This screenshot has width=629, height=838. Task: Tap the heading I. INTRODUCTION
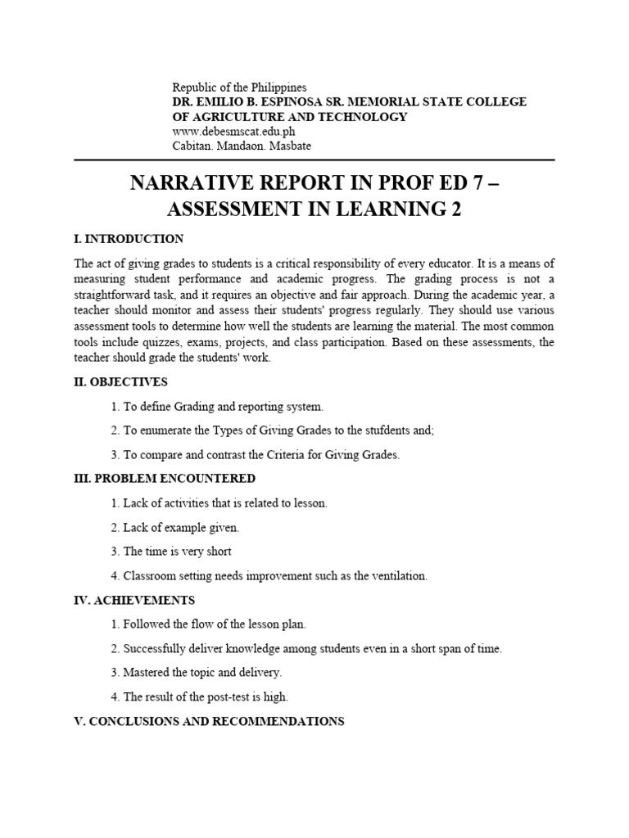(129, 239)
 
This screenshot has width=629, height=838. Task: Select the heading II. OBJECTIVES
(120, 382)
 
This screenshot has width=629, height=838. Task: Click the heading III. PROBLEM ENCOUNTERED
(165, 478)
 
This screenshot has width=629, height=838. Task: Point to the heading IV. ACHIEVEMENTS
(134, 600)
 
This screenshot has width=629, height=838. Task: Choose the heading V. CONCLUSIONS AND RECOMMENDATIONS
(209, 722)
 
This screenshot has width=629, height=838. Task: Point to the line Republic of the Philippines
(239, 88)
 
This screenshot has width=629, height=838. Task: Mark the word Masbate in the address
(292, 146)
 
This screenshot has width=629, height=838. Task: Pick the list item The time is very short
(177, 552)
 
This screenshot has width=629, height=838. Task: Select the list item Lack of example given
(180, 528)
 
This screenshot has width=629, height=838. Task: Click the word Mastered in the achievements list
(149, 673)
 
